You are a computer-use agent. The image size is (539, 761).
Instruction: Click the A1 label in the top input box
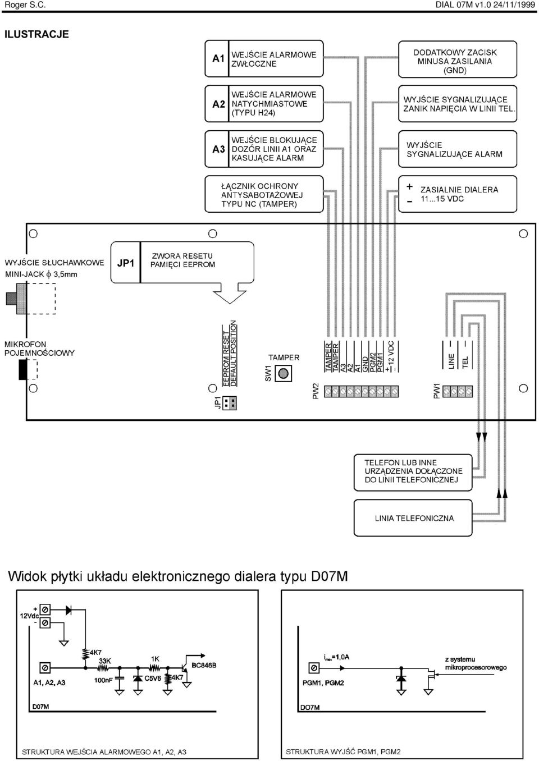[x=218, y=58]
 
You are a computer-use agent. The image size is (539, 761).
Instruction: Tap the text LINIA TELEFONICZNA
[x=414, y=518]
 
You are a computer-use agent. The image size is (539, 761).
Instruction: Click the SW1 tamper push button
[x=283, y=374]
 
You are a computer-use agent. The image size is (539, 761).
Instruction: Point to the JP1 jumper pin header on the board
[x=230, y=403]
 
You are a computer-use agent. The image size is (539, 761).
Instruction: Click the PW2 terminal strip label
[x=316, y=391]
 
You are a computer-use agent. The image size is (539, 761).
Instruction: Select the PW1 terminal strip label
[x=437, y=391]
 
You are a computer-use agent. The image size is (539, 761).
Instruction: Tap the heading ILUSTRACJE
[x=36, y=34]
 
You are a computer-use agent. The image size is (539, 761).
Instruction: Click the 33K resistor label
[x=104, y=661]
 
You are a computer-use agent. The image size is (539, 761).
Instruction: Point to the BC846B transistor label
[x=204, y=665]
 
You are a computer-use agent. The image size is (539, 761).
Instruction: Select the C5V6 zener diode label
[x=153, y=679]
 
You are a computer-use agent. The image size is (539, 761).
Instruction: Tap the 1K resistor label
[x=155, y=659]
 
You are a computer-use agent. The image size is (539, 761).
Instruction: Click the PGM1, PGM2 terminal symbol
[x=314, y=668]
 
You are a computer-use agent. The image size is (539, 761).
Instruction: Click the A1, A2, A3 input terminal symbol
[x=45, y=668]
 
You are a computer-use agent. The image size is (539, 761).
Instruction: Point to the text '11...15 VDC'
[x=442, y=199]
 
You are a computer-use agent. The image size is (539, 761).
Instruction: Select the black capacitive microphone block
[x=23, y=369]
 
